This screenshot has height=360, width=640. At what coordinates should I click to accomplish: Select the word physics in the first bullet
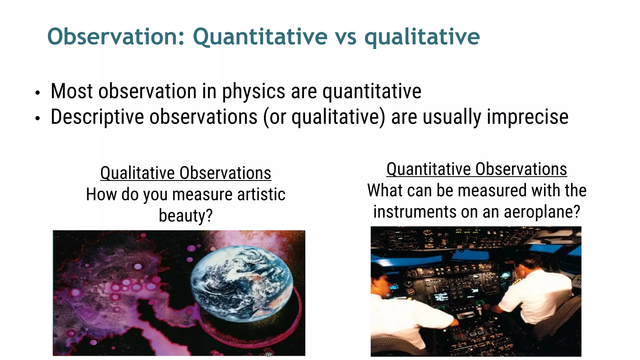253,92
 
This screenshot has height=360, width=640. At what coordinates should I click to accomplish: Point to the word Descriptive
97,117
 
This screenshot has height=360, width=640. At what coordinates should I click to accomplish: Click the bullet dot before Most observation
38,93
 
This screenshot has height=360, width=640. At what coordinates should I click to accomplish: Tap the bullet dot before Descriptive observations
38,118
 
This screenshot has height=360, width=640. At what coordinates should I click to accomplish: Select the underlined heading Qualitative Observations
186,173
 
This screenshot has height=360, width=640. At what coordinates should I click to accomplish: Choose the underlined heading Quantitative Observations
477,169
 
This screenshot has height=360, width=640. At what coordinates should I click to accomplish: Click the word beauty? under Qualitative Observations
186,216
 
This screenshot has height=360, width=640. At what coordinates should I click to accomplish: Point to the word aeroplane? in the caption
542,212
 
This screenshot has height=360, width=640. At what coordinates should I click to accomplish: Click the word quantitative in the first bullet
372,92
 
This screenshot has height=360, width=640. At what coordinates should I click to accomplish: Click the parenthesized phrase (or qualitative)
324,117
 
